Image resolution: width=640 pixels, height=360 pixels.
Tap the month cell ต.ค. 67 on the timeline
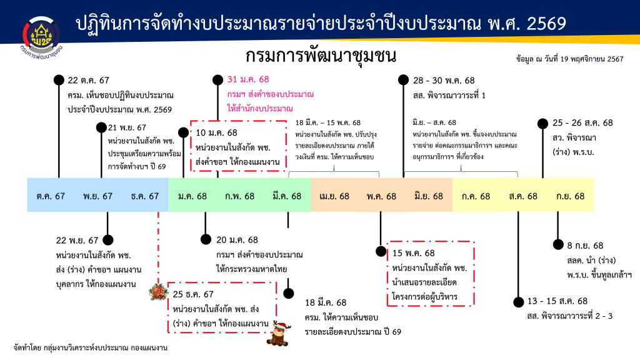[x=51, y=196]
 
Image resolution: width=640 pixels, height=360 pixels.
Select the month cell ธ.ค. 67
[x=145, y=196]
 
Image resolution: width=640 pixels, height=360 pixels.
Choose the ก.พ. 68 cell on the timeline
[x=240, y=196]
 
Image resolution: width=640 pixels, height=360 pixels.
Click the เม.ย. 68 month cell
[x=334, y=196]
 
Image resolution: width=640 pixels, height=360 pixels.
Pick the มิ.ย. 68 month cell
[x=428, y=196]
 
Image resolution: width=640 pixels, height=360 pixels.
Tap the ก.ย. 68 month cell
[x=571, y=196]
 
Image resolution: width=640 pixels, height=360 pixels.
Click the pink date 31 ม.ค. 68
[x=248, y=80]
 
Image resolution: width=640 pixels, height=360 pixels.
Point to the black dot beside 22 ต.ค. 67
[x=59, y=80]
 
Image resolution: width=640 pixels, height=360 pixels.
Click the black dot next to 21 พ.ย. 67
[x=102, y=127]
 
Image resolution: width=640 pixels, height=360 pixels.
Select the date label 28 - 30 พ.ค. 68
[x=444, y=80]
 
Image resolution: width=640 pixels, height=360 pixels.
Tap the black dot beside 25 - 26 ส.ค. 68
[x=542, y=123]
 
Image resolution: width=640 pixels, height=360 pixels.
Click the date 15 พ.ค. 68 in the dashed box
[x=413, y=253]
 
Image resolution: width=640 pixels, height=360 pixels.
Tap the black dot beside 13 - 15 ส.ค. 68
[x=518, y=301]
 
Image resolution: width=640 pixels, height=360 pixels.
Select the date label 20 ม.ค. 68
[x=237, y=239]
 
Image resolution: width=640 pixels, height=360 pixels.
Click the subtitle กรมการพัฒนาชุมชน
[x=321, y=57]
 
